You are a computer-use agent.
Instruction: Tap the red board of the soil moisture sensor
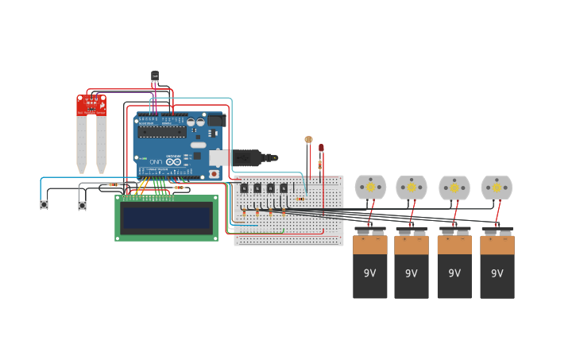(x=91, y=106)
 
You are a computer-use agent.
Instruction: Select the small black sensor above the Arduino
(x=155, y=76)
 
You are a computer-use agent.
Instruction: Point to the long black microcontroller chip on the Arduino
(x=163, y=132)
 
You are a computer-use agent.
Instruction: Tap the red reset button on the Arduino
(x=213, y=174)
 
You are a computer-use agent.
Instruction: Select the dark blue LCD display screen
(x=166, y=218)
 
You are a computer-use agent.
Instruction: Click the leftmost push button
(x=44, y=205)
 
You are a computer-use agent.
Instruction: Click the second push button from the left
(x=82, y=205)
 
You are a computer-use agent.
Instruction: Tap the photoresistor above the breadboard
(x=308, y=140)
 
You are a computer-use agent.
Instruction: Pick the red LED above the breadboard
(x=321, y=148)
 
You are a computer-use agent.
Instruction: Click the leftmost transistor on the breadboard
(x=244, y=188)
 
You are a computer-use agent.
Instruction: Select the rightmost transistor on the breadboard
(x=284, y=188)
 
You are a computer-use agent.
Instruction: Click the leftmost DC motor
(x=370, y=188)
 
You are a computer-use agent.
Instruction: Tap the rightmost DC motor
(x=497, y=188)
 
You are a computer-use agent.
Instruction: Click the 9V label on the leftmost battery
(x=369, y=273)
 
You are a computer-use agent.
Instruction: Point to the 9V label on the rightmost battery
(x=497, y=273)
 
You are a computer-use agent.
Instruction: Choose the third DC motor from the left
(x=454, y=188)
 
